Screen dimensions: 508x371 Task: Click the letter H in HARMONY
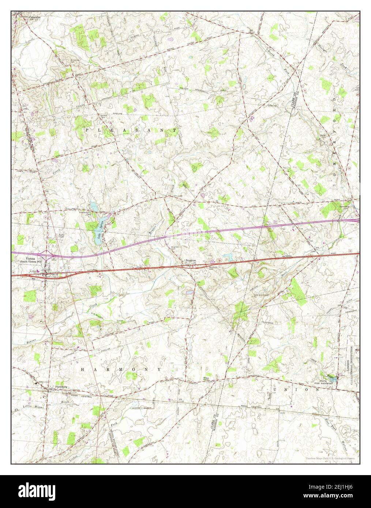[x=82, y=369]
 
